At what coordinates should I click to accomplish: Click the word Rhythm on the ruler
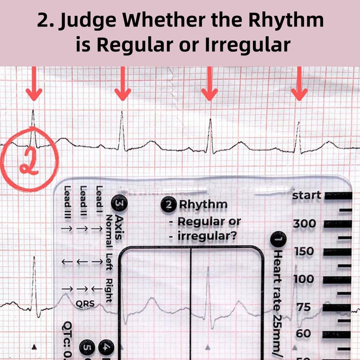click(203, 205)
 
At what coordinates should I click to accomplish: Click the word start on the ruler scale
click(307, 196)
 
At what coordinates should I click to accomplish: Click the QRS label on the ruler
click(85, 303)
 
